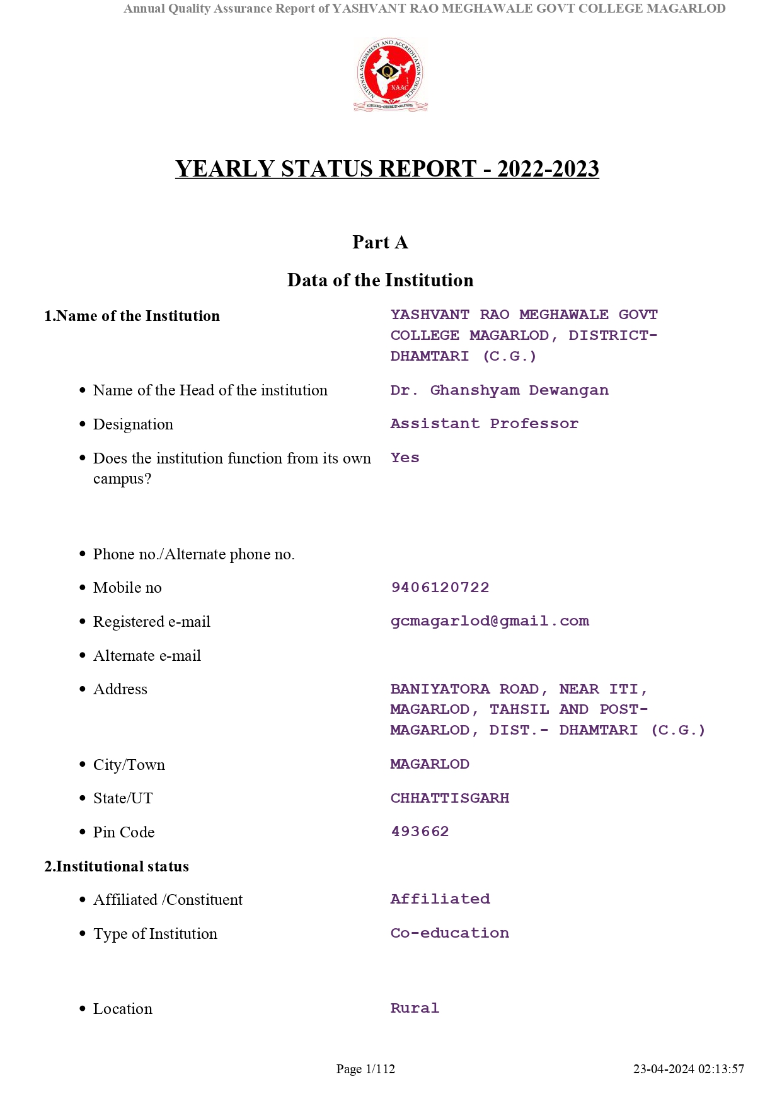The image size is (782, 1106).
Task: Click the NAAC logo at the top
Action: [x=390, y=74]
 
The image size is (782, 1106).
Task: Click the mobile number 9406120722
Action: [x=440, y=588]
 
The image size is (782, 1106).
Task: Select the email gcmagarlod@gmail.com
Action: [x=490, y=621]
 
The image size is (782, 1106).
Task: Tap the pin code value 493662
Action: [x=420, y=832]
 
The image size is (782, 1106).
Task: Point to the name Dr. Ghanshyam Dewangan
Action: [x=499, y=390]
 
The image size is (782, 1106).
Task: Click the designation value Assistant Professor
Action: [x=484, y=424]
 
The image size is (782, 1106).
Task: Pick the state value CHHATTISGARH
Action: [x=449, y=798]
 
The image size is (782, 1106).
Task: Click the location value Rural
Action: [x=414, y=1008]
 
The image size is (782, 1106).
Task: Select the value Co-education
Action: [x=449, y=933]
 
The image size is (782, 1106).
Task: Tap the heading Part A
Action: [x=380, y=243]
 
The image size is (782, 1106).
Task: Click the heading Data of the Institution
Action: [x=380, y=280]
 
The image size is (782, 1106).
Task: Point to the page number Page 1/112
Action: [x=365, y=1069]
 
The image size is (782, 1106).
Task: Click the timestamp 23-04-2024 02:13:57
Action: [x=688, y=1069]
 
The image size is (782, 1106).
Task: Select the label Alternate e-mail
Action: [x=147, y=656]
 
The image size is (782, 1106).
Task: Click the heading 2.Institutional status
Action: [x=117, y=866]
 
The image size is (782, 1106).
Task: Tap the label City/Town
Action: [x=129, y=765]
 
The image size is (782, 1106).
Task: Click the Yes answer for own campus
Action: [x=405, y=458]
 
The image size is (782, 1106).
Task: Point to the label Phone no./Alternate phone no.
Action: [x=193, y=554]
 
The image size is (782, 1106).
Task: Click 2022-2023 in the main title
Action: [x=548, y=169]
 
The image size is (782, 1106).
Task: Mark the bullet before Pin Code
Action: [x=83, y=832]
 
